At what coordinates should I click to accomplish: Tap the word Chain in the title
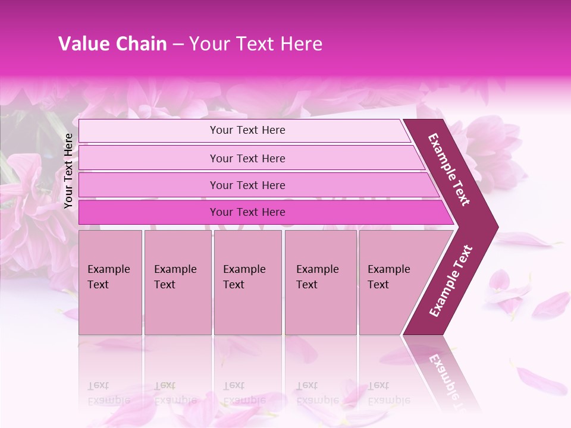pyautogui.click(x=142, y=44)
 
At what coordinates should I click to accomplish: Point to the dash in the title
pyautogui.click(x=178, y=45)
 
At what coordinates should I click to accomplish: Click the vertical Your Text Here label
pyautogui.click(x=68, y=171)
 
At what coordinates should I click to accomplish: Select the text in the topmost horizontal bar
pyautogui.click(x=247, y=130)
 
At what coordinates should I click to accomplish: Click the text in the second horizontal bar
pyautogui.click(x=247, y=159)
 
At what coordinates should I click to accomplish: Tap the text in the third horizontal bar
pyautogui.click(x=247, y=185)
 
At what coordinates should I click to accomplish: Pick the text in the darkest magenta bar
pyautogui.click(x=247, y=212)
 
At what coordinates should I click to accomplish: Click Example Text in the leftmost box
pyautogui.click(x=108, y=277)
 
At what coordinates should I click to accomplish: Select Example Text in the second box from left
pyautogui.click(x=175, y=277)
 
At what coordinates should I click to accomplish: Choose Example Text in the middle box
pyautogui.click(x=244, y=277)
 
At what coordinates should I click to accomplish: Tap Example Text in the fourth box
pyautogui.click(x=317, y=277)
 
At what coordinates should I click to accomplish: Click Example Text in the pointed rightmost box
pyautogui.click(x=388, y=277)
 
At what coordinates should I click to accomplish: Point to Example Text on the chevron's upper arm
pyautogui.click(x=449, y=169)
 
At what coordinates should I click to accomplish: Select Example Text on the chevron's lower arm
pyautogui.click(x=451, y=281)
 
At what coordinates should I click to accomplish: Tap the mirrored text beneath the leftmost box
pyautogui.click(x=108, y=392)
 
